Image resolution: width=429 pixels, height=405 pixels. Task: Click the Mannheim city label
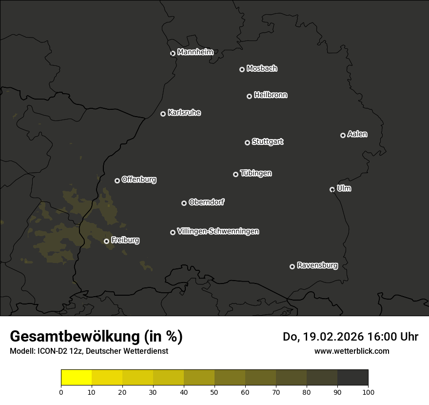click(x=195, y=52)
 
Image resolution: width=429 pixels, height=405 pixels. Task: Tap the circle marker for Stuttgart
click(x=247, y=142)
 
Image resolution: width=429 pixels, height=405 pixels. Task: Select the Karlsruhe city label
click(x=184, y=113)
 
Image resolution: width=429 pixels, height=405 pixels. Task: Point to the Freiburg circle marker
click(x=106, y=241)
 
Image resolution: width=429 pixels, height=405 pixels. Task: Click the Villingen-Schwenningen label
click(x=218, y=231)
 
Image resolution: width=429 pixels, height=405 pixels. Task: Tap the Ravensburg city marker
click(x=292, y=266)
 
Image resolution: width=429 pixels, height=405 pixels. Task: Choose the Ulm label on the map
click(x=344, y=188)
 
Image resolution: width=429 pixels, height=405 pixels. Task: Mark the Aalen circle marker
click(x=343, y=135)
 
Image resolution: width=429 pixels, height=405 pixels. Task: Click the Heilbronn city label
click(x=271, y=95)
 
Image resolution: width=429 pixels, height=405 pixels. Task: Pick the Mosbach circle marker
click(x=242, y=69)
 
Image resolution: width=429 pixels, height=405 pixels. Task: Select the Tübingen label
click(x=256, y=173)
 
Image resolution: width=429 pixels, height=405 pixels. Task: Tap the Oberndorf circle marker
click(x=184, y=203)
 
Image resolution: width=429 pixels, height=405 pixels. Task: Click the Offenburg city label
click(x=139, y=180)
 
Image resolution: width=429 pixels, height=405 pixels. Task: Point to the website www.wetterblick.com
click(x=351, y=351)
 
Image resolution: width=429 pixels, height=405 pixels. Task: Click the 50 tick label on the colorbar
click(x=214, y=392)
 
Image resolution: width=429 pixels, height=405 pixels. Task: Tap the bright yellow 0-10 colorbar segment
click(x=77, y=378)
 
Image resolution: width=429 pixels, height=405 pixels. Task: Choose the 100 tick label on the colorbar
click(x=368, y=392)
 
